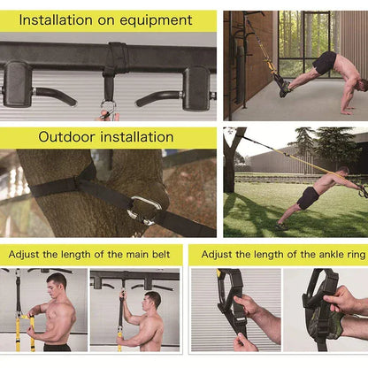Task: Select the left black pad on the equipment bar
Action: coord(18,85)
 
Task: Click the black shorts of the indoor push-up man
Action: coord(325,63)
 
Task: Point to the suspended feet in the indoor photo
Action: coord(281,85)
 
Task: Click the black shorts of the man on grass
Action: coord(308,197)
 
